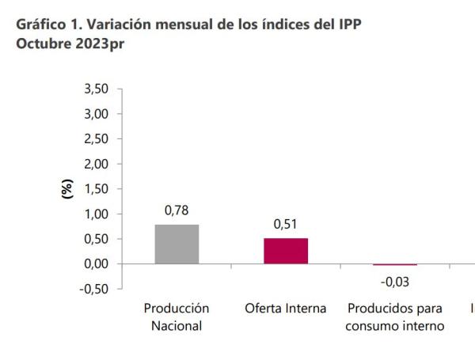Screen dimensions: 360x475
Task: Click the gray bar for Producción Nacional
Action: click(x=177, y=244)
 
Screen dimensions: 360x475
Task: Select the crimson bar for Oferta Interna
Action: click(x=286, y=251)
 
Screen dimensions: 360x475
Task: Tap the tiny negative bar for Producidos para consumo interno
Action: click(x=394, y=264)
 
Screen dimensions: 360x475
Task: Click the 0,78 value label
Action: click(x=177, y=211)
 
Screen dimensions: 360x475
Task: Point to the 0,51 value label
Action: click(x=286, y=225)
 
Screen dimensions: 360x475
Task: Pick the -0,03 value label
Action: click(x=394, y=281)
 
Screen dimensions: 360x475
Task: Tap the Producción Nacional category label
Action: click(x=177, y=316)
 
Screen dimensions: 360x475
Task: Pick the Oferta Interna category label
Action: click(x=286, y=308)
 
